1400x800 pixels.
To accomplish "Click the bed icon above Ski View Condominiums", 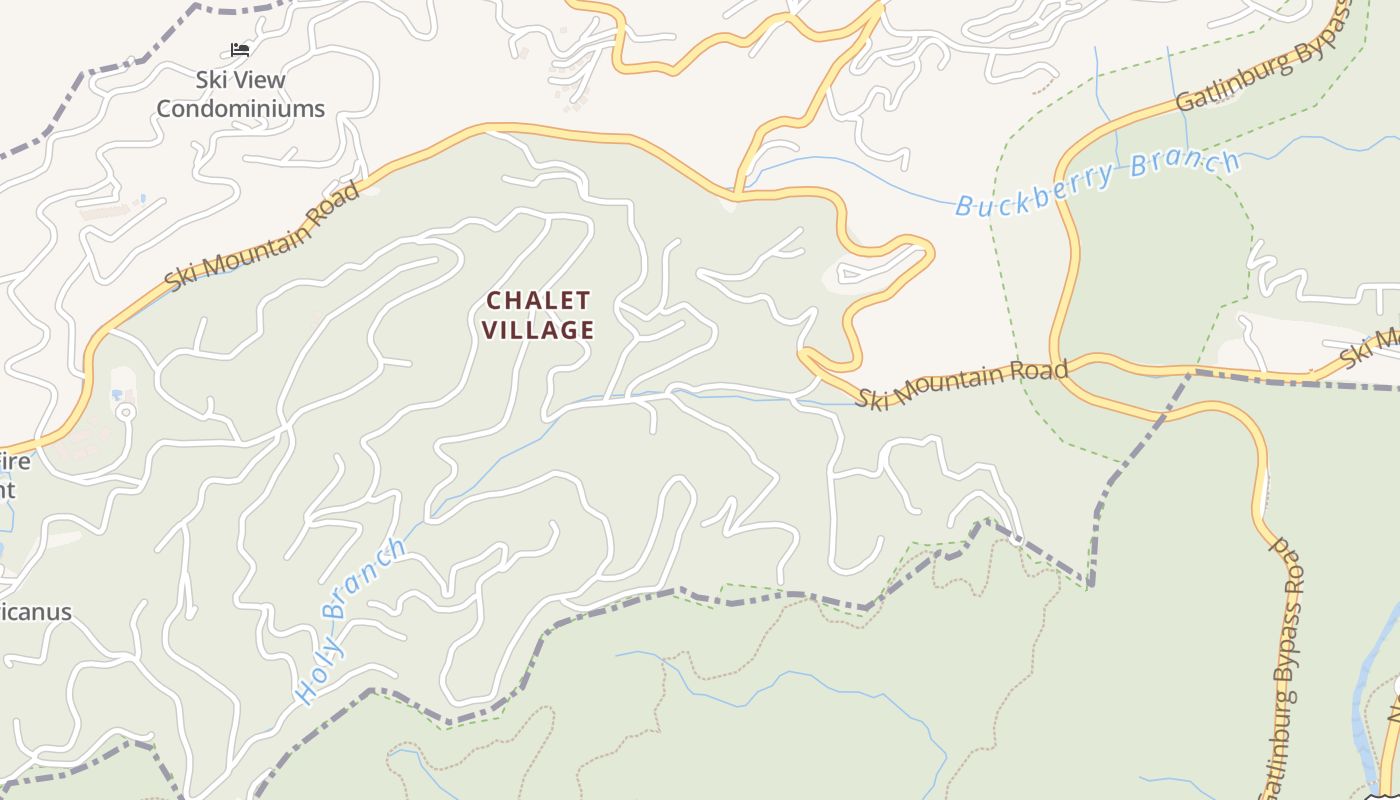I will (x=240, y=49).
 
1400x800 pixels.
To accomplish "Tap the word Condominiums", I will (x=240, y=108).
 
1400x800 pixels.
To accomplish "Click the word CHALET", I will (x=538, y=300).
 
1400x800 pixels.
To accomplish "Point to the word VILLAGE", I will (x=538, y=329).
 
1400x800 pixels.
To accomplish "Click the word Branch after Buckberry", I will (x=1185, y=166).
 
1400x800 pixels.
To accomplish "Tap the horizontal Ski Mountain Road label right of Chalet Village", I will (x=961, y=384).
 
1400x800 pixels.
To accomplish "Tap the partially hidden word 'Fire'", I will (x=15, y=462).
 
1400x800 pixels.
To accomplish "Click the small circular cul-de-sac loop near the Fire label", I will (x=125, y=412).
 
